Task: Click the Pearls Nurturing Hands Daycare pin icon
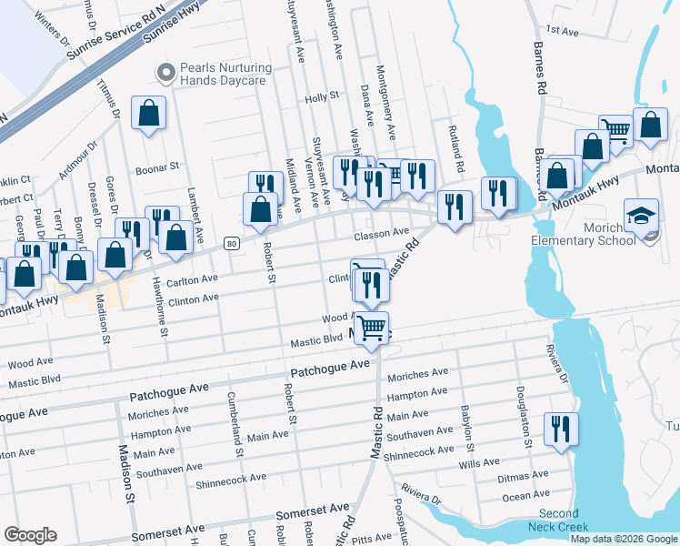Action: click(165, 71)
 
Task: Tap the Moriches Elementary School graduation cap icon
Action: click(641, 217)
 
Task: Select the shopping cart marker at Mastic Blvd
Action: click(371, 328)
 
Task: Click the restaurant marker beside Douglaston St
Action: click(560, 429)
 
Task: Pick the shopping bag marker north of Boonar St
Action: click(148, 114)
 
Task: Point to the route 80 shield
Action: click(232, 243)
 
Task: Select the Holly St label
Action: click(322, 96)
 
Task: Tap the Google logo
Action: click(30, 535)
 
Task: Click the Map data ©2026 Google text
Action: click(624, 539)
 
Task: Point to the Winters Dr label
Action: click(51, 28)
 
